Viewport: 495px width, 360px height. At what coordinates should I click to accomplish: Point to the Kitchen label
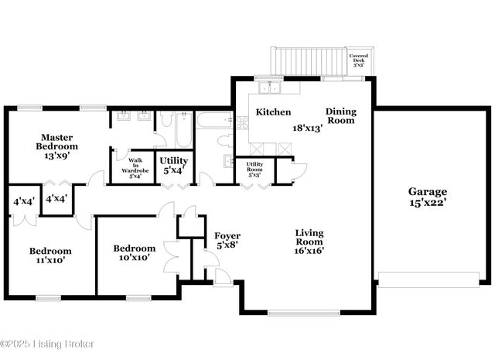pyautogui.click(x=273, y=111)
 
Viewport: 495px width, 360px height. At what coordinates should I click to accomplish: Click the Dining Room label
pyautogui.click(x=340, y=115)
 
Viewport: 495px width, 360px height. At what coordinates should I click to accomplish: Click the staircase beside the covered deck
pyautogui.click(x=308, y=61)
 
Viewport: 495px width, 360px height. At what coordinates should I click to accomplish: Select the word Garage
pyautogui.click(x=428, y=191)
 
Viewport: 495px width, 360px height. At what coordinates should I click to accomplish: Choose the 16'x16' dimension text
pyautogui.click(x=309, y=250)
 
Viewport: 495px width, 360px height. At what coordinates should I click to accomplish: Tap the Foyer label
pyautogui.click(x=227, y=235)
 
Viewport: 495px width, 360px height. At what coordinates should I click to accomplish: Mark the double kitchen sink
pyautogui.click(x=269, y=87)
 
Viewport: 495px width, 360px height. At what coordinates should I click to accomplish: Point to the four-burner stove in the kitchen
pyautogui.click(x=242, y=122)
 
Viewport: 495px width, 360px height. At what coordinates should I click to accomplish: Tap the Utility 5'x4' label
pyautogui.click(x=173, y=166)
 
